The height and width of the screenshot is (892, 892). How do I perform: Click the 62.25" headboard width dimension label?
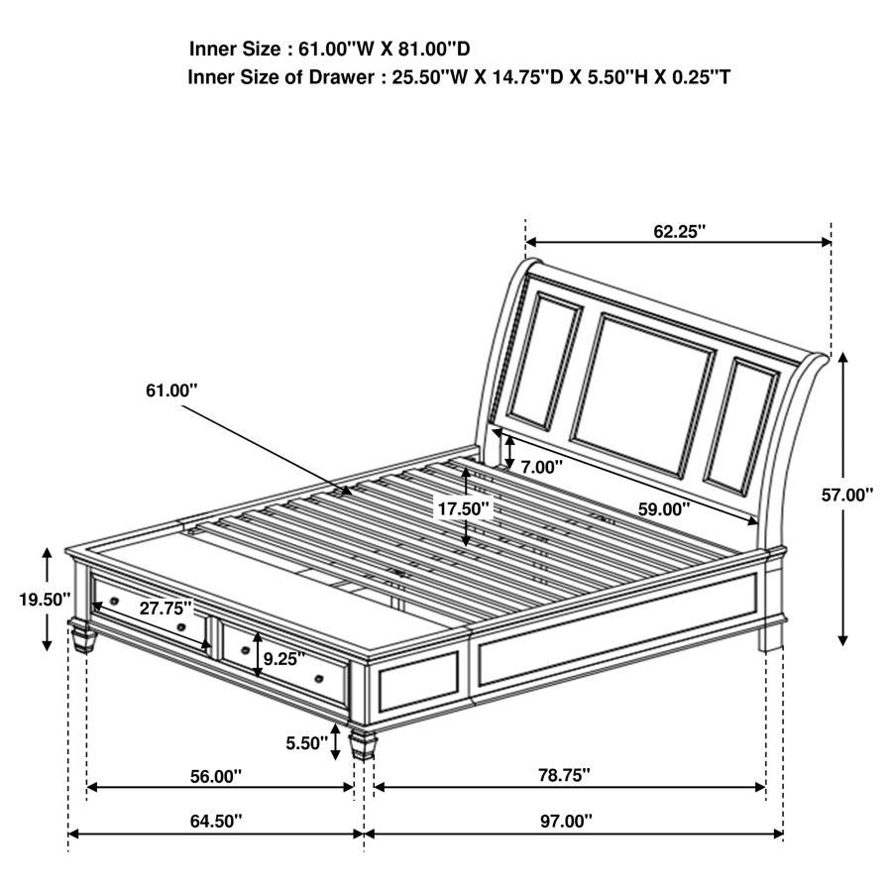[679, 231]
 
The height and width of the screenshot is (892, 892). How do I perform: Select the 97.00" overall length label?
[566, 821]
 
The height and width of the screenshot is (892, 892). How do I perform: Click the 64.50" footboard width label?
[214, 821]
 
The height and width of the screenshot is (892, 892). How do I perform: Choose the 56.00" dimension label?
[216, 776]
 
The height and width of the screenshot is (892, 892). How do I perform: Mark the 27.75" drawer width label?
[165, 609]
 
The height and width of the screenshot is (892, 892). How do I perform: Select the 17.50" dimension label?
[465, 509]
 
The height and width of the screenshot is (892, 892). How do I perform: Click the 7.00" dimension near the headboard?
[541, 466]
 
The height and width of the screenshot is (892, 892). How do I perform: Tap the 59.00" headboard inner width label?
[663, 509]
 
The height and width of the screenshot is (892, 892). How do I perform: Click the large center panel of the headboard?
[642, 381]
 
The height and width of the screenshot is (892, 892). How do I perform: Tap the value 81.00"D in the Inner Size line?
[434, 48]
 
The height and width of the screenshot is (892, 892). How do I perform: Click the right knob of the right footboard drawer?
[319, 678]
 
